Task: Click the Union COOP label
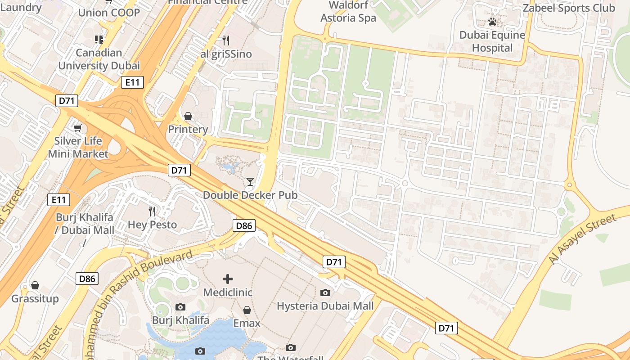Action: (x=109, y=12)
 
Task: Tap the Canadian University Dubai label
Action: (x=99, y=59)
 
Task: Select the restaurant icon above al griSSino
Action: (x=226, y=40)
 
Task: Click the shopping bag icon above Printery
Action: (x=188, y=117)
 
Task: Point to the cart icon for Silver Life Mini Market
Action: (x=78, y=129)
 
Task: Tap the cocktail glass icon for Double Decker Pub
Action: (x=250, y=182)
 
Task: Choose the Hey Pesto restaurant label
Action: (x=152, y=224)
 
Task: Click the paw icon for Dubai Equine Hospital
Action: (x=492, y=22)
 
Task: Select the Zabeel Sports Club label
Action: (x=569, y=8)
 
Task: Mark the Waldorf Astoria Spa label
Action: (x=348, y=12)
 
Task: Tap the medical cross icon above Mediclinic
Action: (x=228, y=279)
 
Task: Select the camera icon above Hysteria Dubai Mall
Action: (x=325, y=293)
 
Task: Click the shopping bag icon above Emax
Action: (x=247, y=310)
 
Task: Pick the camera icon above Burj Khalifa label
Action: (x=180, y=307)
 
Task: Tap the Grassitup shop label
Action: (x=35, y=299)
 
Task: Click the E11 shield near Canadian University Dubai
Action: (x=132, y=82)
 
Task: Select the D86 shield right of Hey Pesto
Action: (x=244, y=225)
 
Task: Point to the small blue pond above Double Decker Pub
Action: (x=230, y=168)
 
